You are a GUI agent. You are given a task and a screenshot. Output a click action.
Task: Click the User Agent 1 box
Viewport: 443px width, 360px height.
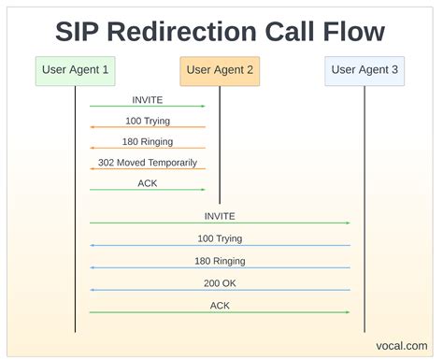pos(76,69)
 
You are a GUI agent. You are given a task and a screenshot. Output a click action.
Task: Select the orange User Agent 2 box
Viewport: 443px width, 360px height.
pos(220,69)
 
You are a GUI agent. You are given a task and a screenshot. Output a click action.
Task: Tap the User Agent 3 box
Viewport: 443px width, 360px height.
pos(364,69)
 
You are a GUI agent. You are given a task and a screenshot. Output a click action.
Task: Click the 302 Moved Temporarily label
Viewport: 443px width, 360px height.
pos(147,162)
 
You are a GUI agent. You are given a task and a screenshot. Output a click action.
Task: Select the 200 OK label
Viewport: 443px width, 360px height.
pos(220,282)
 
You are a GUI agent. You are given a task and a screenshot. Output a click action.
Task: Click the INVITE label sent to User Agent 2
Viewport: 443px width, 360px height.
pos(147,98)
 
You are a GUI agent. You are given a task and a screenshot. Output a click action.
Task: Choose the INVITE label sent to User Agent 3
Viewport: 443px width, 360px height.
pos(220,216)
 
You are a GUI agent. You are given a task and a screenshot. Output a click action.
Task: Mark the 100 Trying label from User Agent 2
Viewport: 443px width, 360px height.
pos(147,120)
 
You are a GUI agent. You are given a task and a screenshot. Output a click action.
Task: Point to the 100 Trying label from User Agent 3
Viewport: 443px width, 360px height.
pos(220,238)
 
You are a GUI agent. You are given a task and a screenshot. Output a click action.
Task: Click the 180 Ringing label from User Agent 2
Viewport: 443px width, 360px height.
pos(147,141)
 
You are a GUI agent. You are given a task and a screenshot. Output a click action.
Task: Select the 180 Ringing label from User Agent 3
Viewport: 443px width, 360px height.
pos(220,261)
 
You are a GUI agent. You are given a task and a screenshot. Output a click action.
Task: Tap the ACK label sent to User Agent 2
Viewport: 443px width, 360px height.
pos(147,183)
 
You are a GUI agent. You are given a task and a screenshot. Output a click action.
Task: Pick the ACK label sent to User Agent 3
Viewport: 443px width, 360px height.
pos(220,305)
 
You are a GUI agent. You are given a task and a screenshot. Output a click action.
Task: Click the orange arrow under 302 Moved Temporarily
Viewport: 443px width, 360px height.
pos(147,169)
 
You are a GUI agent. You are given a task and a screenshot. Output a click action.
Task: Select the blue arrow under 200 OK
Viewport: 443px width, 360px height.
pos(220,290)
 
